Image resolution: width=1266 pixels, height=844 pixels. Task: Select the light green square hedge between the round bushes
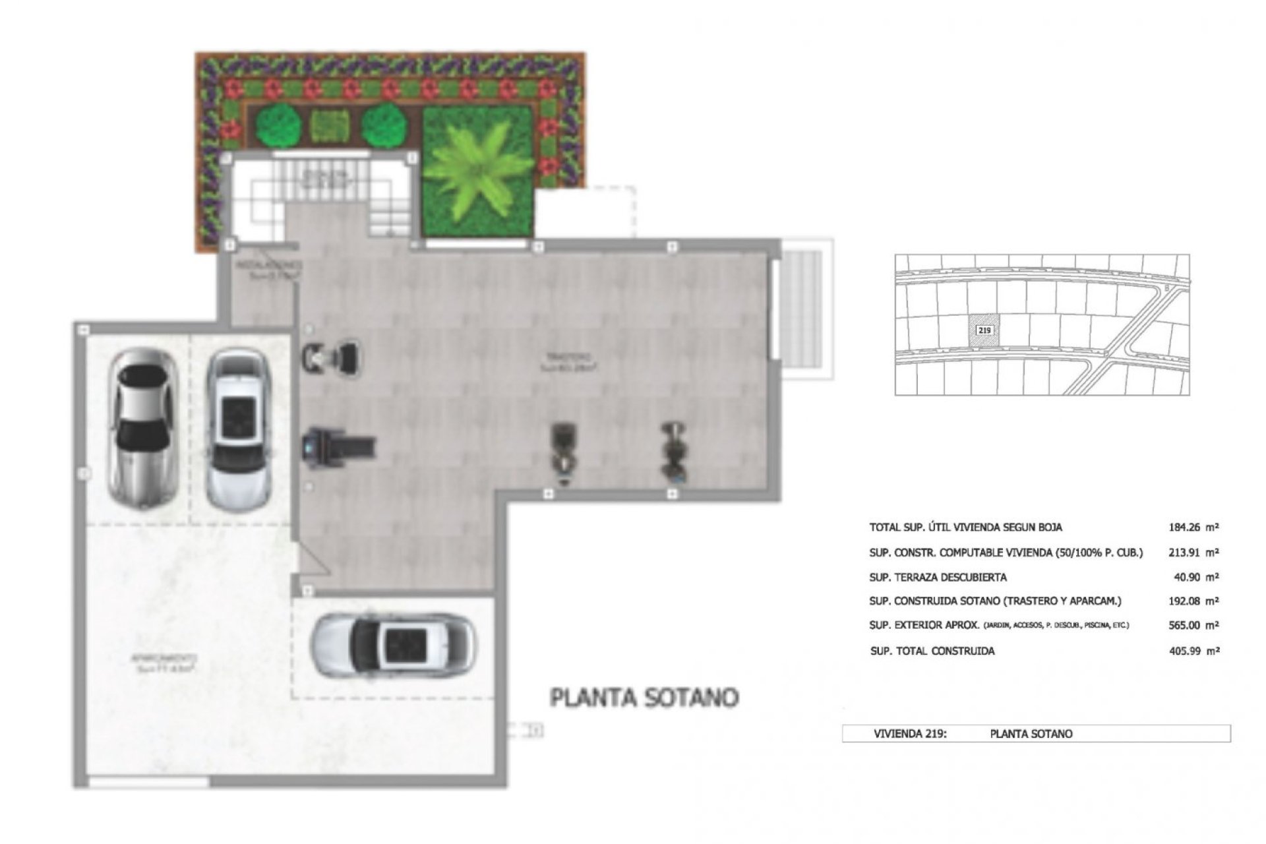pyautogui.click(x=328, y=125)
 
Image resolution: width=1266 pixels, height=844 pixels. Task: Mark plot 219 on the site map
pyautogui.click(x=984, y=330)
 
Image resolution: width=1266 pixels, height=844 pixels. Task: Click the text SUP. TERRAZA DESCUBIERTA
pyautogui.click(x=938, y=578)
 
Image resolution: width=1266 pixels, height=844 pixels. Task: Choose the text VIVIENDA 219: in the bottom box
pyautogui.click(x=910, y=733)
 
